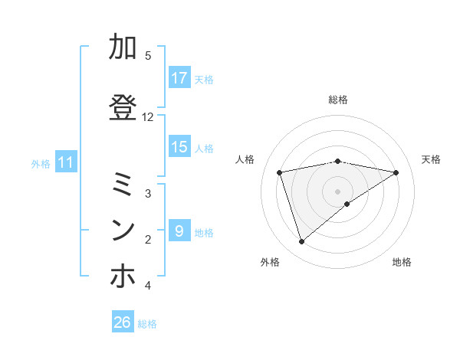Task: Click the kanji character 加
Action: coord(123,48)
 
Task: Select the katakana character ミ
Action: coord(123,185)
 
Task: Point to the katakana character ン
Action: coord(123,230)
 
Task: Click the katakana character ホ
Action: coord(123,277)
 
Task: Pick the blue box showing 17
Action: coord(179,78)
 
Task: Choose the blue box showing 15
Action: coord(179,148)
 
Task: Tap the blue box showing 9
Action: coord(179,231)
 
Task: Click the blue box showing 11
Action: coord(66,162)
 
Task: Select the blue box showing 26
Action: coord(123,323)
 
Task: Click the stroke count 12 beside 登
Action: coord(148,117)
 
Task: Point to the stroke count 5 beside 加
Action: coord(148,56)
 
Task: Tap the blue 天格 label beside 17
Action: coord(204,79)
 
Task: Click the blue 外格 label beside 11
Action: coord(41,163)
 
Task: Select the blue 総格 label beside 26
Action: coord(147,324)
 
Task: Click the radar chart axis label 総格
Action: coord(338,100)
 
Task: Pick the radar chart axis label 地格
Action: coord(402,262)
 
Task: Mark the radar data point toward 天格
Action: coord(396,172)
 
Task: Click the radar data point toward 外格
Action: coord(302,242)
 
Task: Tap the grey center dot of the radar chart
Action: coord(338,191)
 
